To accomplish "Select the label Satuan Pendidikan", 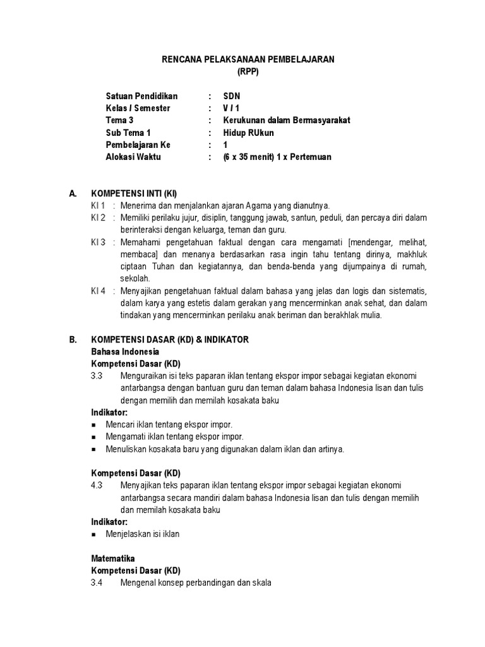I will [142, 97].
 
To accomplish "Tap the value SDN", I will [232, 97].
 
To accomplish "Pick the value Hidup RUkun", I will [249, 133].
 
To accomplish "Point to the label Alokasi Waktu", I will [133, 157].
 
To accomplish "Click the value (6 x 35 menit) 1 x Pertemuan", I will [277, 157].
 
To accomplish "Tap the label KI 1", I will [97, 206].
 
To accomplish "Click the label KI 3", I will [97, 242].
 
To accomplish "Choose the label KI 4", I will [97, 291].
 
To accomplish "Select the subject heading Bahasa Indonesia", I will [125, 351].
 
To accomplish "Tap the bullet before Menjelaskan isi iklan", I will [94, 535].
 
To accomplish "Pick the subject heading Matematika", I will [113, 559].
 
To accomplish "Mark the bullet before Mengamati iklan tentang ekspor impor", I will [94, 437].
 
